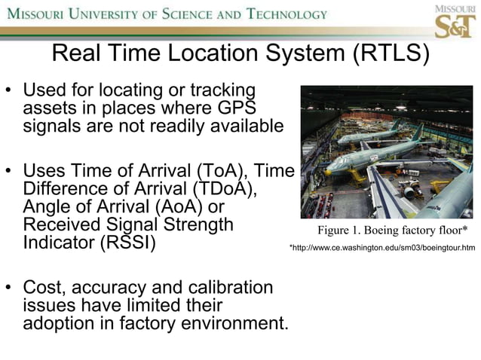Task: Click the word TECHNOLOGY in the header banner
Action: coord(283,14)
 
